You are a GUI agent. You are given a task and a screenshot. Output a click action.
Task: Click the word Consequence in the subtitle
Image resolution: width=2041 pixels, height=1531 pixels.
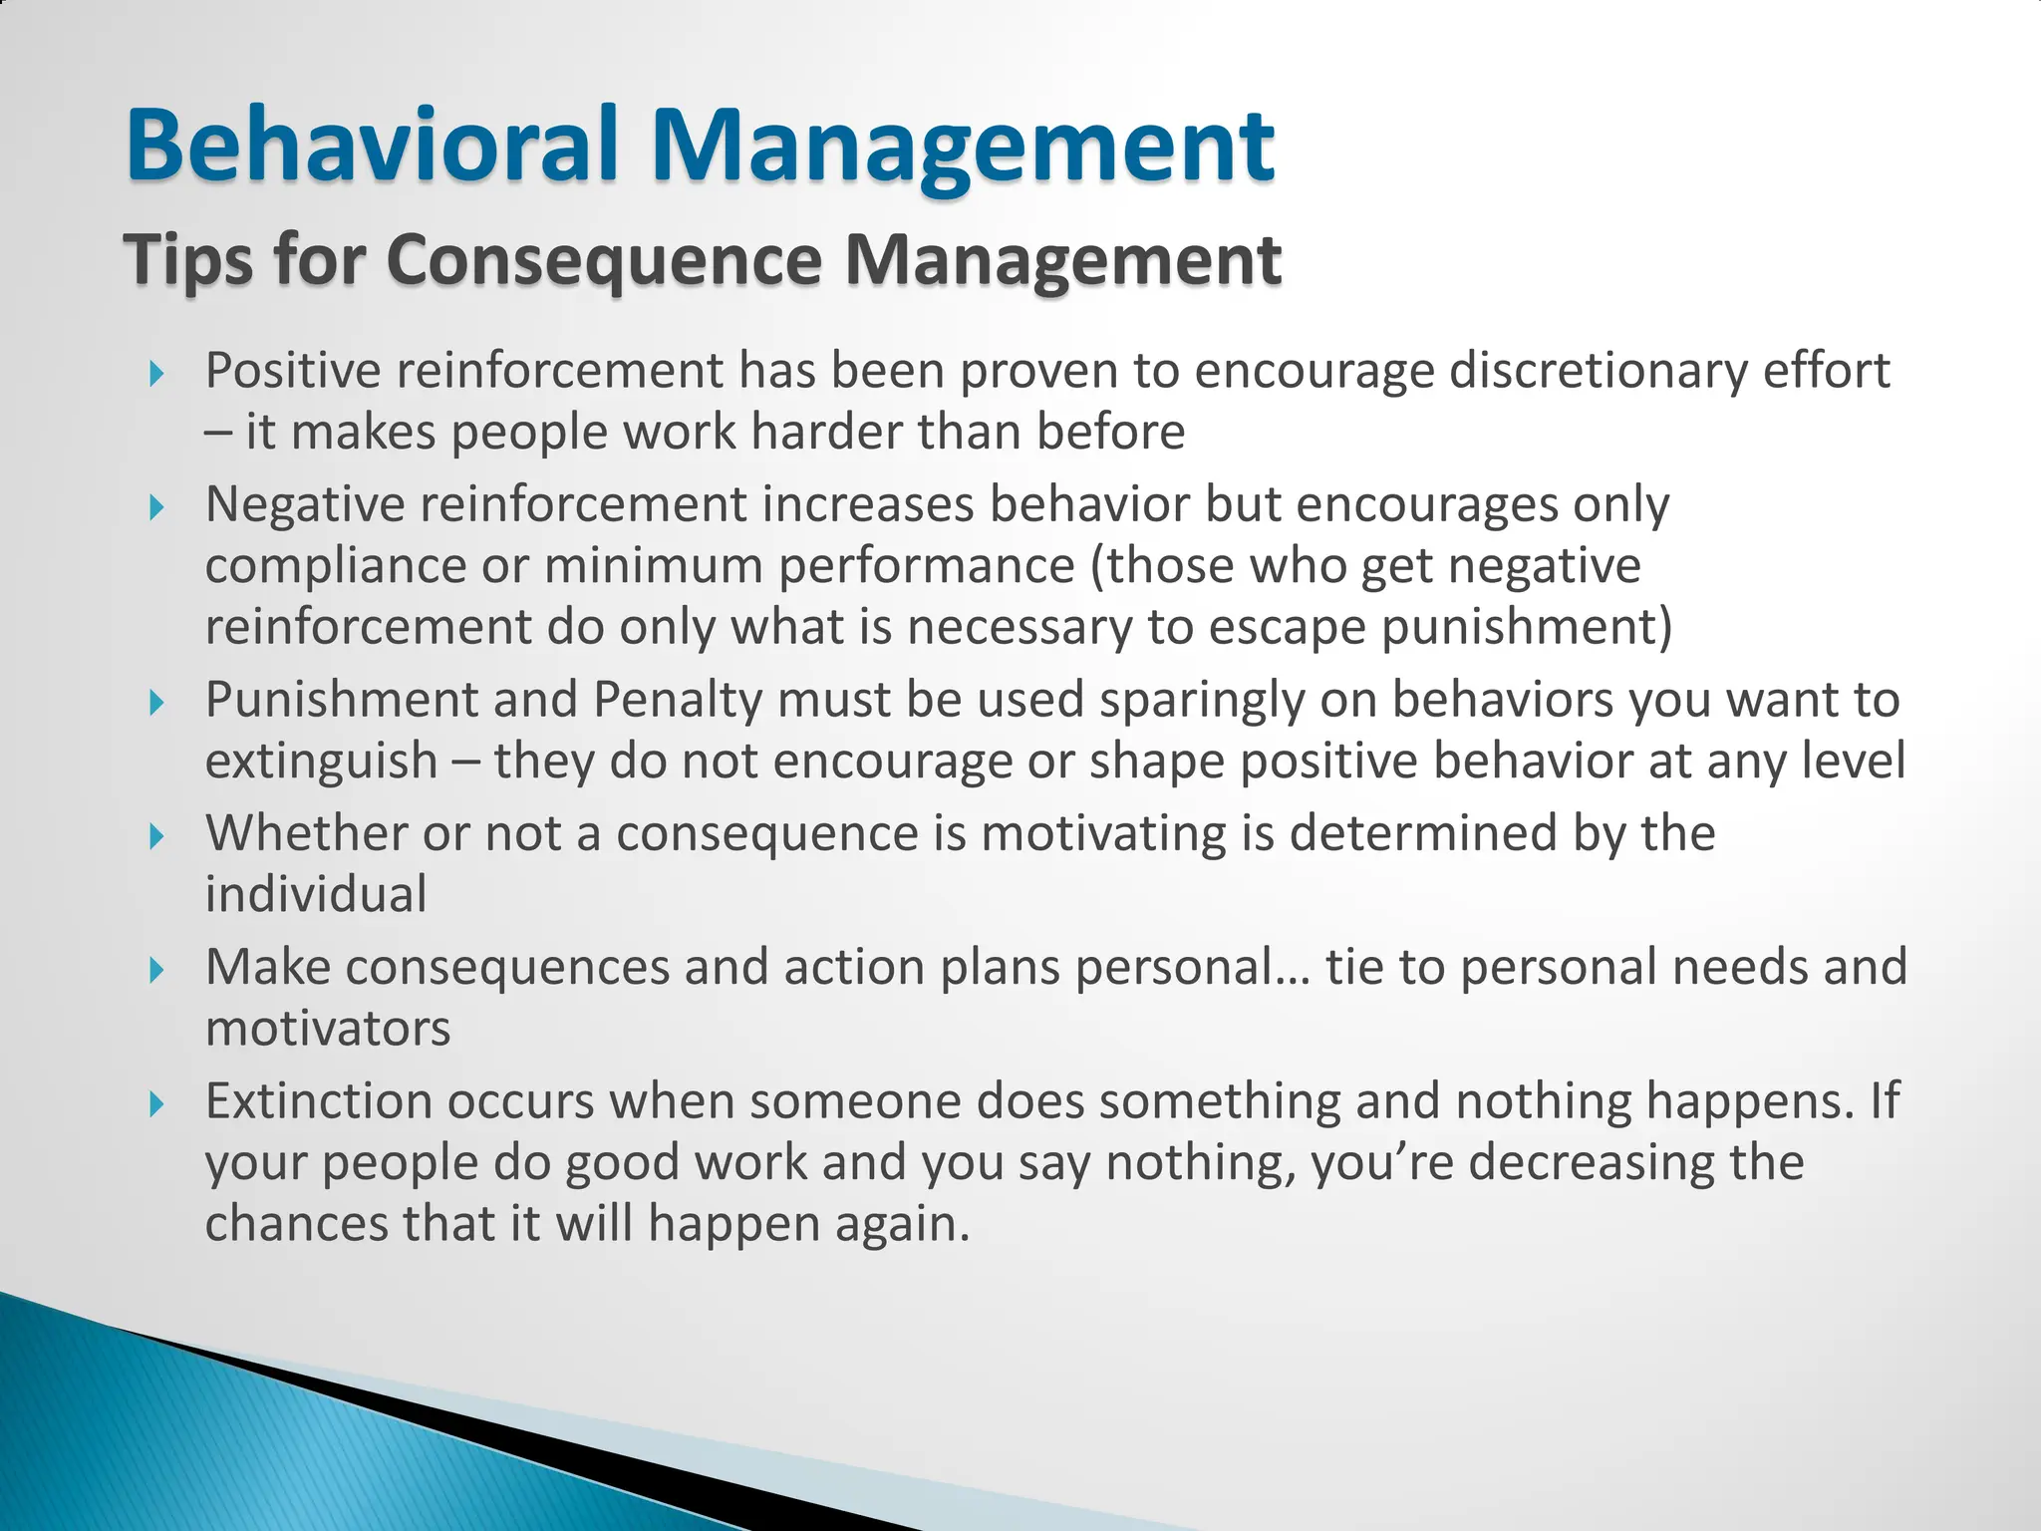tap(604, 259)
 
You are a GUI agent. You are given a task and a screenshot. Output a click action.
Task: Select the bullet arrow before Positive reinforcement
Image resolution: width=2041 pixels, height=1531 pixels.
tap(155, 375)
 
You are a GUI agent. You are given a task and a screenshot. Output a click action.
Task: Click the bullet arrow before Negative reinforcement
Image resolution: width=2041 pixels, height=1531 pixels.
tap(155, 508)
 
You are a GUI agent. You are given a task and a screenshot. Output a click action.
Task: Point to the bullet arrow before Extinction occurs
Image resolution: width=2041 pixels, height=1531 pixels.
tap(155, 1104)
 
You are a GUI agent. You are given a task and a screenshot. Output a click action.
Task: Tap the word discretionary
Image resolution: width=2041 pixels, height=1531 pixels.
tap(1597, 371)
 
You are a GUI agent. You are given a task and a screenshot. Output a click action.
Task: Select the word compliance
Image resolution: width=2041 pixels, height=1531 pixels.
tap(335, 566)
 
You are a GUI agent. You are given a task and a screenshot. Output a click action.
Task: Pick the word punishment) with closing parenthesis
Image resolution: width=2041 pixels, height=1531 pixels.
tap(1527, 628)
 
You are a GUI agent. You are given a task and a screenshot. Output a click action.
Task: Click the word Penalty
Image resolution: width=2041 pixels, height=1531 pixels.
tap(678, 700)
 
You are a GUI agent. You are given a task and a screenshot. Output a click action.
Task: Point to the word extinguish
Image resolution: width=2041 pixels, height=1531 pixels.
tap(321, 762)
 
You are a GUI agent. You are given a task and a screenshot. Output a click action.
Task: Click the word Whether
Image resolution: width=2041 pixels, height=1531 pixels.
tap(306, 833)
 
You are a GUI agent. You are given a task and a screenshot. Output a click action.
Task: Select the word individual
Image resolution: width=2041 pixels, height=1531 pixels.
tap(316, 894)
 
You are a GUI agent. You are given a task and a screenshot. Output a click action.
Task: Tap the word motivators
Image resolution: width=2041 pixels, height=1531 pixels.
tap(328, 1029)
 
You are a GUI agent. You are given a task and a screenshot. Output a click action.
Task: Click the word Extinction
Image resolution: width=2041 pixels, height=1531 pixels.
tap(318, 1101)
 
